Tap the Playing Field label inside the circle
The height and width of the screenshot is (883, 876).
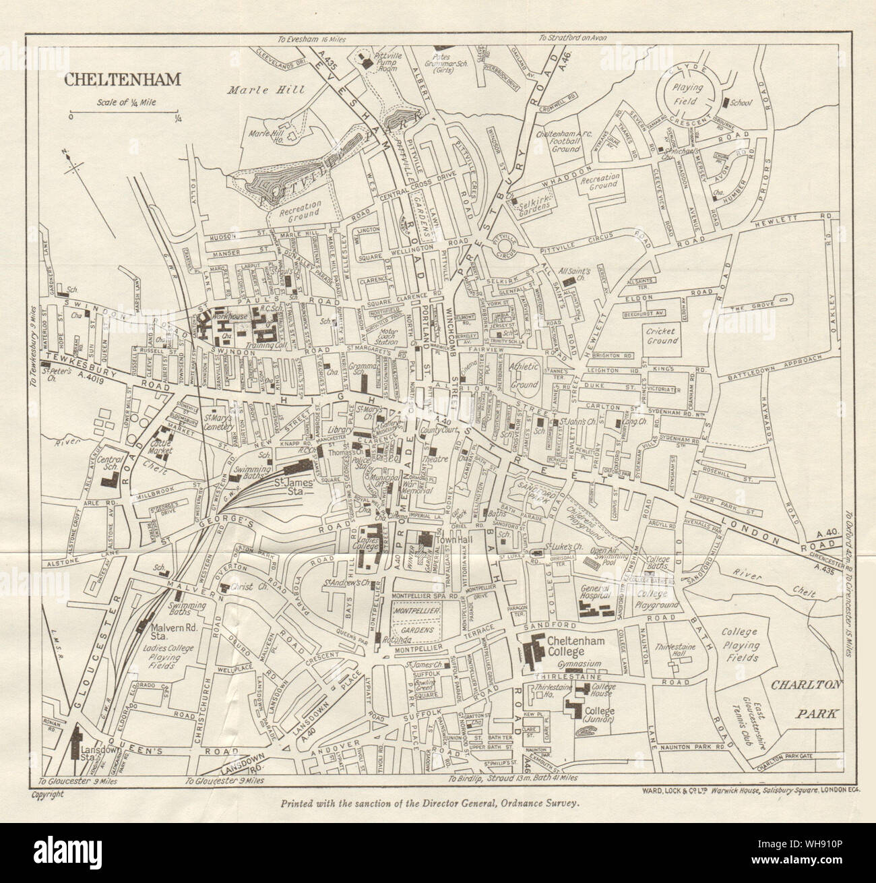(685, 93)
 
